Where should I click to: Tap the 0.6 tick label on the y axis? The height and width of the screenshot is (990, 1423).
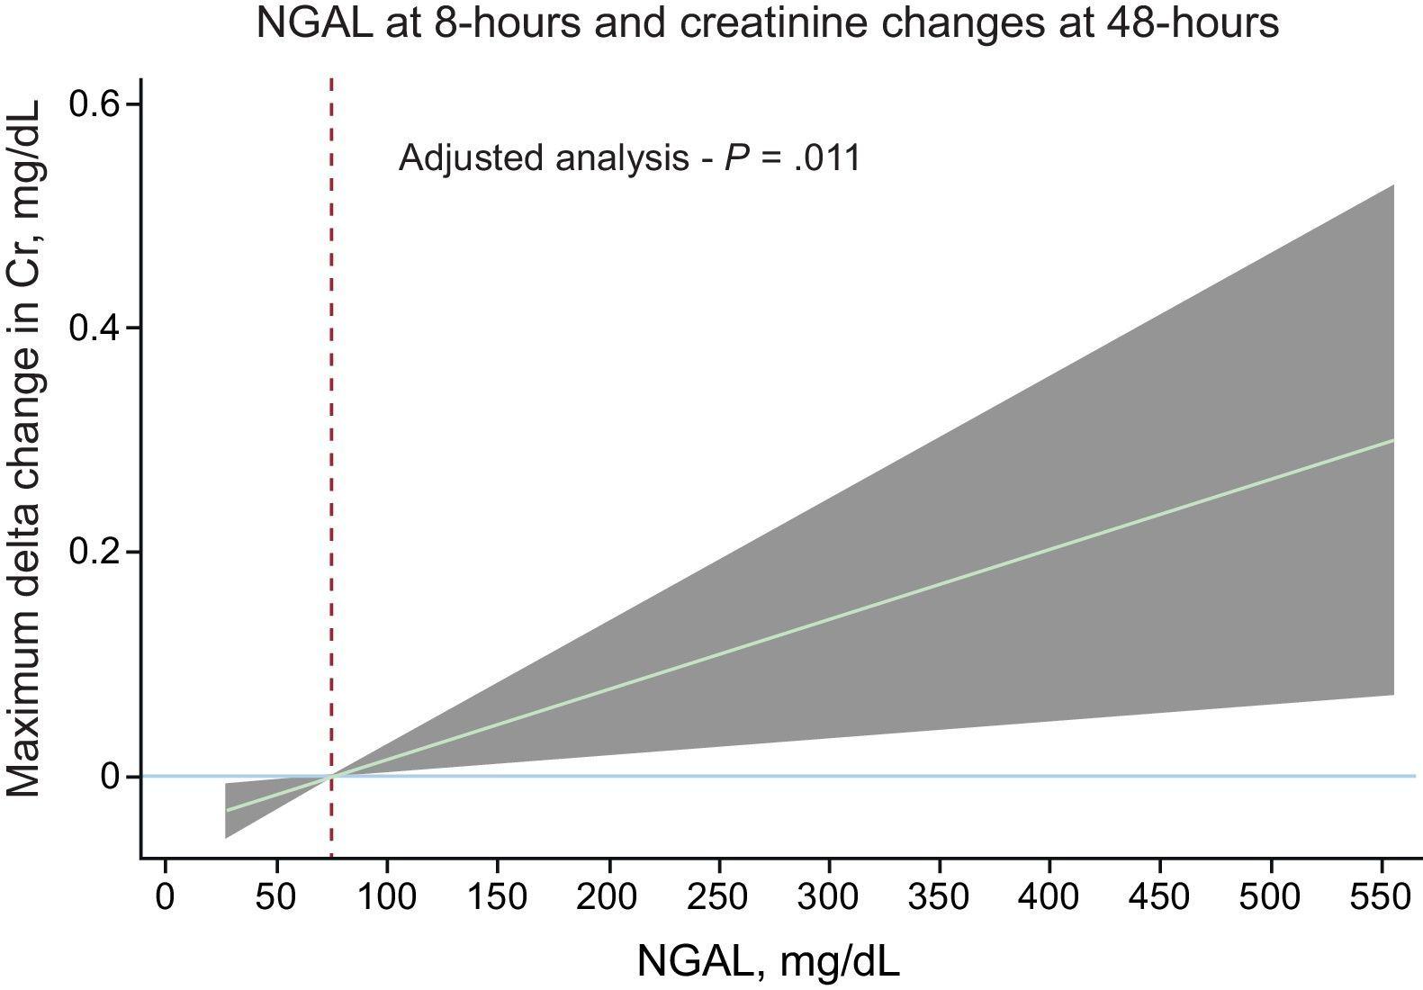tap(95, 104)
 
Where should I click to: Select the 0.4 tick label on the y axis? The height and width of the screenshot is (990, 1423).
tap(95, 328)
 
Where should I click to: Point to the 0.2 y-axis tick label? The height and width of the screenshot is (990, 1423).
tap(95, 551)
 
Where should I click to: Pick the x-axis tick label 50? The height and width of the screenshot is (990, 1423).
tap(276, 897)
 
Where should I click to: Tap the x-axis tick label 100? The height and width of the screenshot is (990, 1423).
tap(386, 897)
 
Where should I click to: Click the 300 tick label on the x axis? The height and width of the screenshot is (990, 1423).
tap(829, 897)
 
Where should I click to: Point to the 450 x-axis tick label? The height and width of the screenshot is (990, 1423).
tap(1160, 897)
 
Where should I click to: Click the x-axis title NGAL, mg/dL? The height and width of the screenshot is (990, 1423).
tap(768, 961)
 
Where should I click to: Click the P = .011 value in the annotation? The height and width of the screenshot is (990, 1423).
tap(793, 158)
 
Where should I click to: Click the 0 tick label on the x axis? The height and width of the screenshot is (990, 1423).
tap(165, 897)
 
